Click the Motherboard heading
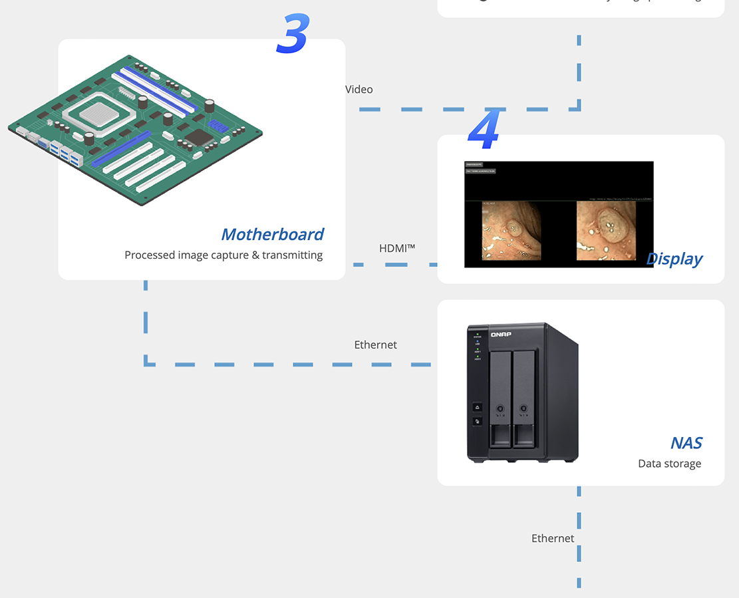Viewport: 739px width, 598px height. pos(272,234)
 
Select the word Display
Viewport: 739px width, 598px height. pos(674,259)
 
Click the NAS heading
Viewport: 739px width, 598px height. pos(686,443)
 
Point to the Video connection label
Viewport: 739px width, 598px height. pos(359,89)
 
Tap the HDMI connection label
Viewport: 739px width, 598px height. pos(397,248)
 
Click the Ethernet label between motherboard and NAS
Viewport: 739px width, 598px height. pos(375,345)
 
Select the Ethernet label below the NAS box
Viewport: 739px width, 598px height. pos(552,538)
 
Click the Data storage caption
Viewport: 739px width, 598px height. pos(669,464)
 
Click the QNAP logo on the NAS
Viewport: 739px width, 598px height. pos(501,334)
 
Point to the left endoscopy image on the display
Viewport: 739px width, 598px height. pos(511,231)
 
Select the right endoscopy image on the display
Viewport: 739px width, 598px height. pos(605,231)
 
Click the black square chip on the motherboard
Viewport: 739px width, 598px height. pos(198,137)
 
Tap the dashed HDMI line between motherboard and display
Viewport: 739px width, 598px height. pos(395,265)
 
